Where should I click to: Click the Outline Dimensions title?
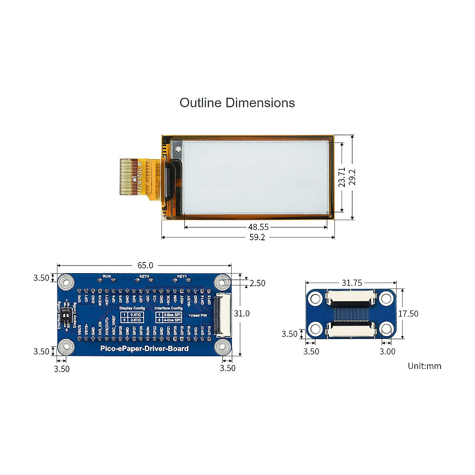point(237,103)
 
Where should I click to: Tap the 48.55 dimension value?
point(258,227)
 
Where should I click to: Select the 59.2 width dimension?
point(257,237)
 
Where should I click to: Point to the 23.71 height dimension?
point(342,177)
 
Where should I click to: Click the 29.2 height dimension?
point(352,177)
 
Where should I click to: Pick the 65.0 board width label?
point(145,266)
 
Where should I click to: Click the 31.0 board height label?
point(241,313)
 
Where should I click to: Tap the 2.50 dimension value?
point(257,283)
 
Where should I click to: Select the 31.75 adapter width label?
point(351,283)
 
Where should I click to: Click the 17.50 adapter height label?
point(408,313)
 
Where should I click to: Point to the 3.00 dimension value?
point(387,351)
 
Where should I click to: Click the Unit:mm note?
point(424,366)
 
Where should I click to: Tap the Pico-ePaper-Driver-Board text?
point(144,349)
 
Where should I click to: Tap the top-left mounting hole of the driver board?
point(66,282)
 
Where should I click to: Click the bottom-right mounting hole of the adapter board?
point(387,329)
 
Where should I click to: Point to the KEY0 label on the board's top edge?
point(144,276)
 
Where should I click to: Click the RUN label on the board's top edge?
point(107,276)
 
